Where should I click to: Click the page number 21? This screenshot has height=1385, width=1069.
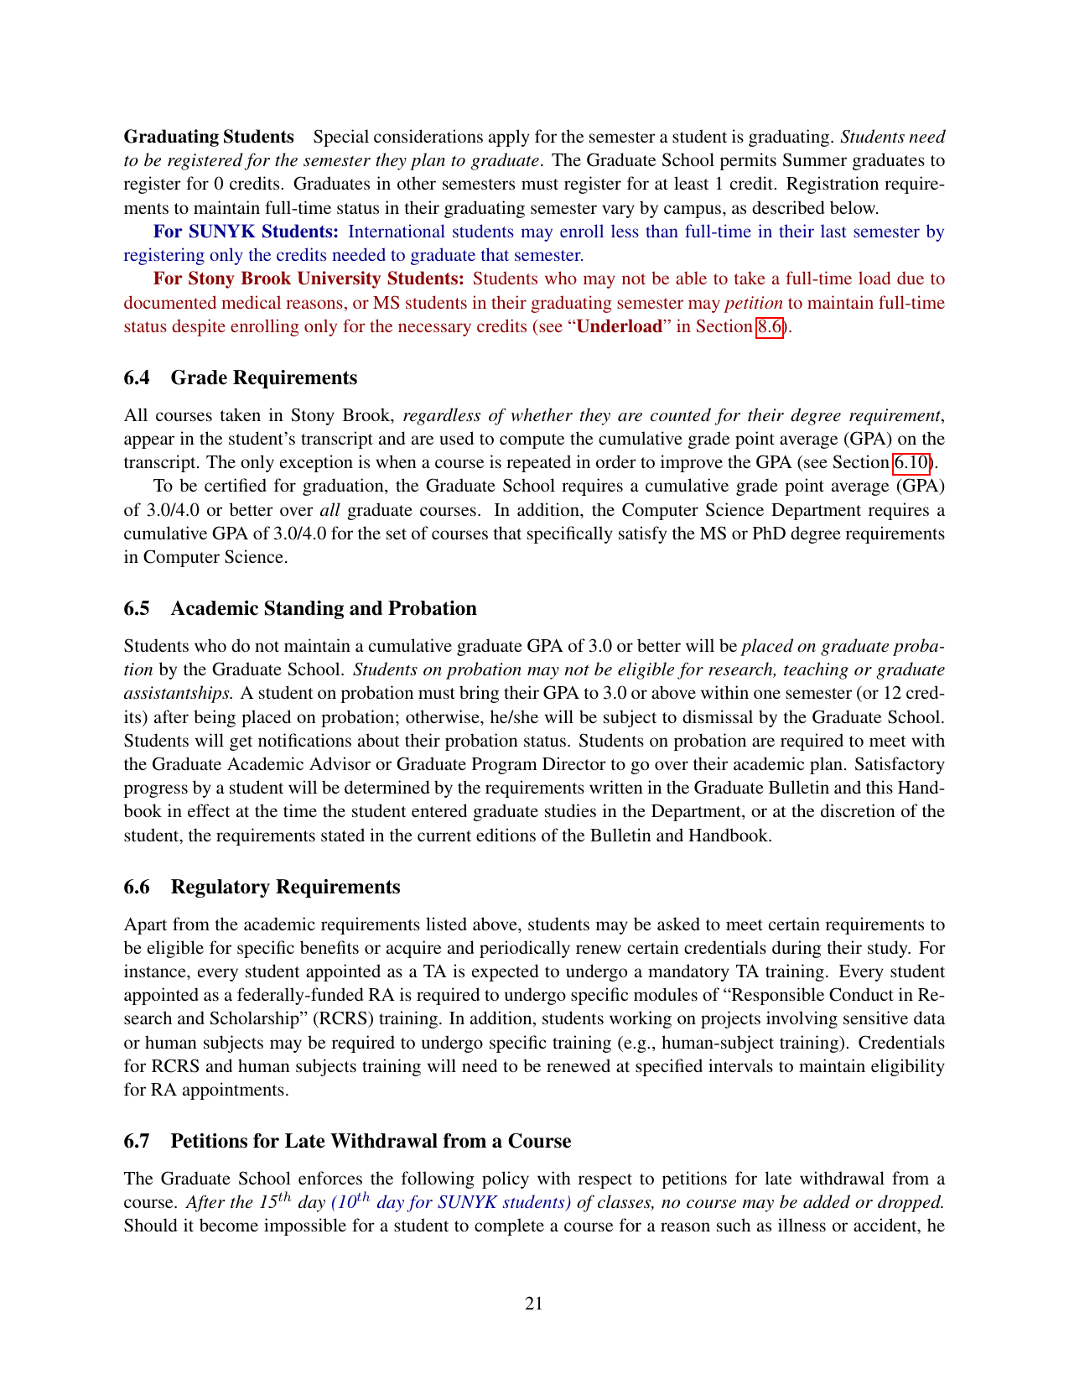pyautogui.click(x=534, y=1303)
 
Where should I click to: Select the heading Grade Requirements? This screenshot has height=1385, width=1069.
pyautogui.click(x=264, y=377)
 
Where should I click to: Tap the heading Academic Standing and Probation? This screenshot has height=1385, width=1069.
pyautogui.click(x=324, y=608)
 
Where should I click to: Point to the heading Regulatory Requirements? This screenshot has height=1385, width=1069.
pyautogui.click(x=285, y=887)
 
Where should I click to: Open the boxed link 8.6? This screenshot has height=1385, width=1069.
pyautogui.click(x=770, y=326)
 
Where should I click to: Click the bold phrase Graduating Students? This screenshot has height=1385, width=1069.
pyautogui.click(x=209, y=137)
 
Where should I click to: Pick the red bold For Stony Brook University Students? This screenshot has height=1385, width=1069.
pyautogui.click(x=309, y=279)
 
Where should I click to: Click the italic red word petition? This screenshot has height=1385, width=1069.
pyautogui.click(x=754, y=303)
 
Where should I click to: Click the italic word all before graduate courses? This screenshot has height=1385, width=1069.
pyautogui.click(x=330, y=510)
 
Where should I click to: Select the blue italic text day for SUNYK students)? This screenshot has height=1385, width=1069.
pyautogui.click(x=474, y=1202)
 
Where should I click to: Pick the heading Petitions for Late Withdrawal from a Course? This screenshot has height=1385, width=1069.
pyautogui.click(x=371, y=1141)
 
